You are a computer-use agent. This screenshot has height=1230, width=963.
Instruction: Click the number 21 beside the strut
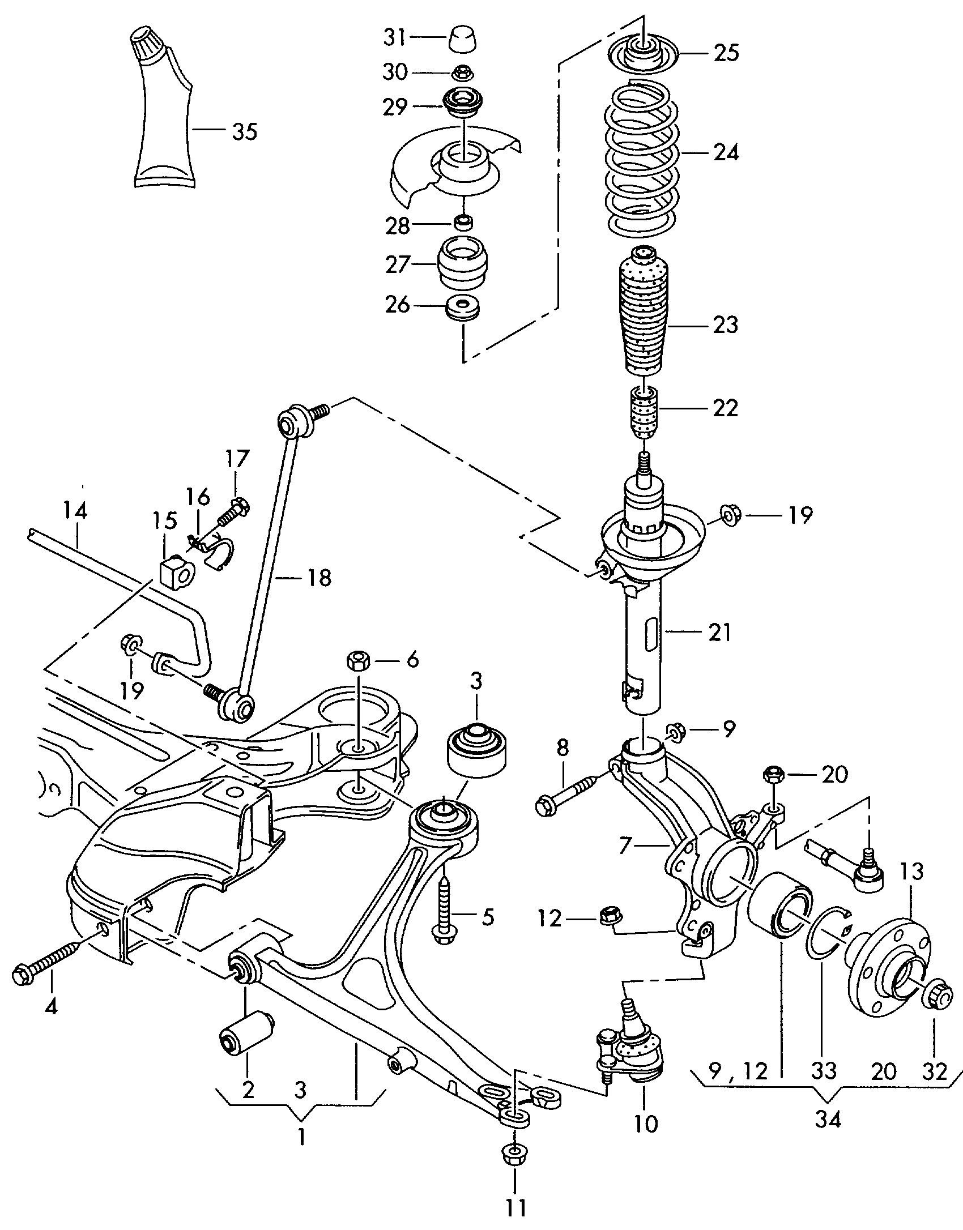coord(719,633)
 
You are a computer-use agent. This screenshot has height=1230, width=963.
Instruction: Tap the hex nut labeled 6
coord(357,660)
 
